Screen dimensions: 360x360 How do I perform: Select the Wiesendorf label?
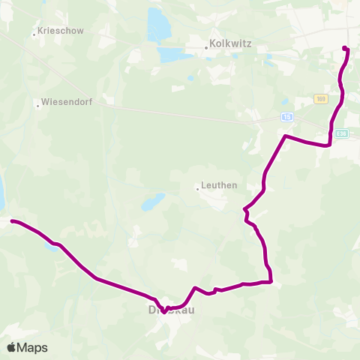coord(66,103)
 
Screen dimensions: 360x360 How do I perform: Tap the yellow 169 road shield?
coord(321,99)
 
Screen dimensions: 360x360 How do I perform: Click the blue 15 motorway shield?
coord(287,118)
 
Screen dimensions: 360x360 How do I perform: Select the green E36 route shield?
coord(342,134)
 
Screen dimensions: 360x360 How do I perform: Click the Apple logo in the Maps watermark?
coord(12,347)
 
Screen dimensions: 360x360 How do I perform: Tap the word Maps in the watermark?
coord(33,347)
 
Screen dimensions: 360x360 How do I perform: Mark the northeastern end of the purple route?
coord(344,49)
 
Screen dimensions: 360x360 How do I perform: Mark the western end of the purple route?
coord(13,221)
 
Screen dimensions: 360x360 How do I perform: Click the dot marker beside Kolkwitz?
coord(206,49)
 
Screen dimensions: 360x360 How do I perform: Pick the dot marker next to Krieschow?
coord(34,34)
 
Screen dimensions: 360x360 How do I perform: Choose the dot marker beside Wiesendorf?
coord(37,104)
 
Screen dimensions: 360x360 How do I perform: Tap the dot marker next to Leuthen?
coord(197,188)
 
